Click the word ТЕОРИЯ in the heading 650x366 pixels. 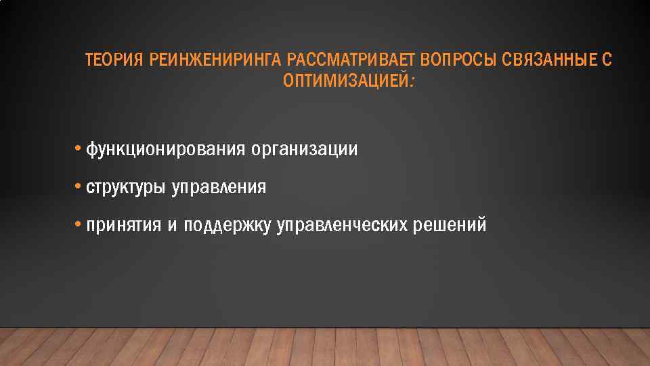click(113, 61)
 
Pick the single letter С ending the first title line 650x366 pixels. click(607, 61)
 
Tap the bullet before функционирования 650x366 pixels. click(79, 148)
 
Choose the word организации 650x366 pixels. click(304, 150)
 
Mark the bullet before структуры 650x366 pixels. click(79, 186)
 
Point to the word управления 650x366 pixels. click(219, 188)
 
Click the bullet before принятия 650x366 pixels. click(79, 224)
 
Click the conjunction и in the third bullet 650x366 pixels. click(172, 226)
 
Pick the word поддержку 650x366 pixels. click(227, 226)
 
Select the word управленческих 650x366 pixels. click(342, 226)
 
